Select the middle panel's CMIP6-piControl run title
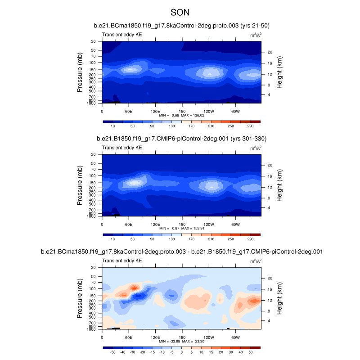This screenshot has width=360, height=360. click(181, 138)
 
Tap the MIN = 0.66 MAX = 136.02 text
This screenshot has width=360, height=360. click(182, 116)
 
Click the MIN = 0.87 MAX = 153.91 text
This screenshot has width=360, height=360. click(182, 228)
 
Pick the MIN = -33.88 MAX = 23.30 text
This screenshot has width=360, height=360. click(182, 341)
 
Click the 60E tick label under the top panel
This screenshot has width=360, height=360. click(129, 111)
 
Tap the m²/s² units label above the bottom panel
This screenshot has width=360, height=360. click(256, 260)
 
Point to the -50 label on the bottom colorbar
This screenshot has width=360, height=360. click(112, 353)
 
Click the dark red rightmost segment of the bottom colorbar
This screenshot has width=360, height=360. click(256, 348)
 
